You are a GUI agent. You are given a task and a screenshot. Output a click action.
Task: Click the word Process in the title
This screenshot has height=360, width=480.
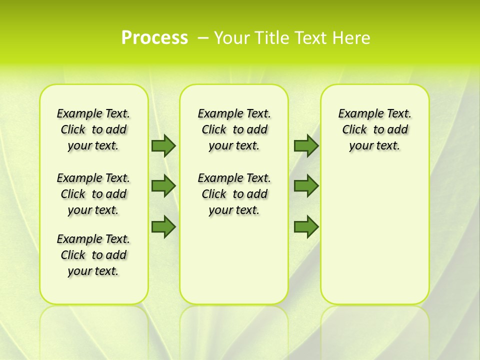pyautogui.click(x=154, y=38)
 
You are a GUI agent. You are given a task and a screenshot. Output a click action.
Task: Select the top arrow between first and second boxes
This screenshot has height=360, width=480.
pyautogui.click(x=163, y=145)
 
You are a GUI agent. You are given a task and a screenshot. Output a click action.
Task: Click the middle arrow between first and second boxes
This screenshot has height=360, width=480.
pyautogui.click(x=163, y=186)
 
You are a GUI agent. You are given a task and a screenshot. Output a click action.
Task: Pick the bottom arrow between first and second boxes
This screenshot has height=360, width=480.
pyautogui.click(x=163, y=227)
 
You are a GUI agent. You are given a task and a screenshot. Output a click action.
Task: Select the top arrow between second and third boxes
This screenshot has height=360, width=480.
pyautogui.click(x=306, y=145)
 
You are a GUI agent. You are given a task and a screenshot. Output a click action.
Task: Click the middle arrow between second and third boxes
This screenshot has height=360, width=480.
pyautogui.click(x=306, y=186)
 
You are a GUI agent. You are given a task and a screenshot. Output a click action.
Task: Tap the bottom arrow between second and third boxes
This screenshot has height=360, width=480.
pyautogui.click(x=306, y=227)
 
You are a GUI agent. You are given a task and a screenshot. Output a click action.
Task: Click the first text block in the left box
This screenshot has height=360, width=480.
pyautogui.click(x=93, y=129)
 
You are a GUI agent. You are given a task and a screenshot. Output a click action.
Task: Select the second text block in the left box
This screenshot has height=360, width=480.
pyautogui.click(x=93, y=194)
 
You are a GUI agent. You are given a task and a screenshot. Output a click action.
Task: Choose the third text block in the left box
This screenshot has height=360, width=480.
pyautogui.click(x=93, y=255)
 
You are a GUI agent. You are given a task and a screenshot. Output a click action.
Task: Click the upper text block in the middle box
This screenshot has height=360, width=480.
pyautogui.click(x=234, y=129)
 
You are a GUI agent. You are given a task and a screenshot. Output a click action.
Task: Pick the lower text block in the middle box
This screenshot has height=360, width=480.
pyautogui.click(x=234, y=194)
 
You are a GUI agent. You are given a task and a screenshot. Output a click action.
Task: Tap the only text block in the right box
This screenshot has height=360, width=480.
pyautogui.click(x=374, y=129)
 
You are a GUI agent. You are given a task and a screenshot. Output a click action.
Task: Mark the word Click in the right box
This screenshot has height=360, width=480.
pyautogui.click(x=354, y=130)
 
